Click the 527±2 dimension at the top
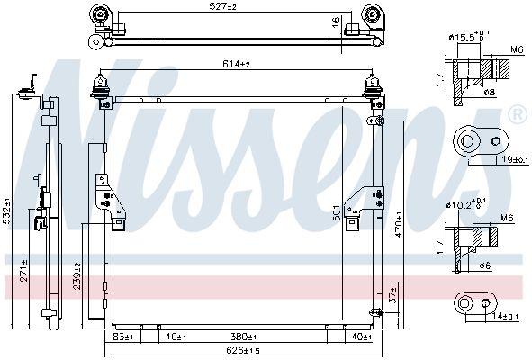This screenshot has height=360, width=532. (222, 6)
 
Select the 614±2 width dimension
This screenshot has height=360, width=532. (236, 64)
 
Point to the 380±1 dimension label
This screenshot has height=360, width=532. (243, 337)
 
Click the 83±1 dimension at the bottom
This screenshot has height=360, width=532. (122, 337)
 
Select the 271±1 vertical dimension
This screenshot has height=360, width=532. (23, 268)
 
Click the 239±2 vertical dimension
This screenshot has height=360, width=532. (77, 276)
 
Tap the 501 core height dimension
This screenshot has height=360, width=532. (337, 212)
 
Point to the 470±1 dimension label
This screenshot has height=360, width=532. (398, 224)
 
